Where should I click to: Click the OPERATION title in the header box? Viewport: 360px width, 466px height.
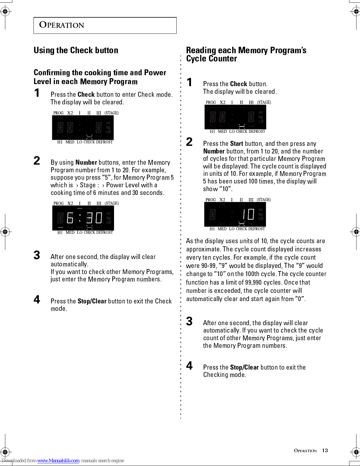tap(61, 25)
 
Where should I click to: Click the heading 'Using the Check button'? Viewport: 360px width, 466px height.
tap(76, 50)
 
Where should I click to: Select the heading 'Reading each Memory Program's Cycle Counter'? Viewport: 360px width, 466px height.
tap(246, 54)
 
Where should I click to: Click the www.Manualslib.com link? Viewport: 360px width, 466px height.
tap(58, 460)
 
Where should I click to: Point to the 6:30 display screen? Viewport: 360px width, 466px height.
tap(83, 218)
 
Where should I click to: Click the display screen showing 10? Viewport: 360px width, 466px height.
tap(235, 214)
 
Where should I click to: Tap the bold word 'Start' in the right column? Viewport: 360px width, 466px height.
tap(237, 143)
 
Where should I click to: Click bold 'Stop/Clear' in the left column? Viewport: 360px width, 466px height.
tap(92, 301)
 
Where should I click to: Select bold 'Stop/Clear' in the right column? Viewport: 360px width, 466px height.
tap(245, 367)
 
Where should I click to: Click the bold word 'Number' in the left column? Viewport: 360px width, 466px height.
tap(86, 162)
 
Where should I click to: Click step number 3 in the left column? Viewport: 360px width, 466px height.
tap(37, 255)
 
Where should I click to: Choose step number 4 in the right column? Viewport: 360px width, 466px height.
tap(189, 366)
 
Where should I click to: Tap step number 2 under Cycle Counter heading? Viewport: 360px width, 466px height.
tap(189, 142)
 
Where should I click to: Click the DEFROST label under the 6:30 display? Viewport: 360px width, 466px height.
tap(104, 233)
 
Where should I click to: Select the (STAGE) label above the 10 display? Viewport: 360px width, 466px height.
tap(264, 200)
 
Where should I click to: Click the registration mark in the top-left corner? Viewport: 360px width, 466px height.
tap(5, 11)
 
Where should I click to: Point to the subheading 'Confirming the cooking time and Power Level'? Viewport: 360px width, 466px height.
tap(100, 77)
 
